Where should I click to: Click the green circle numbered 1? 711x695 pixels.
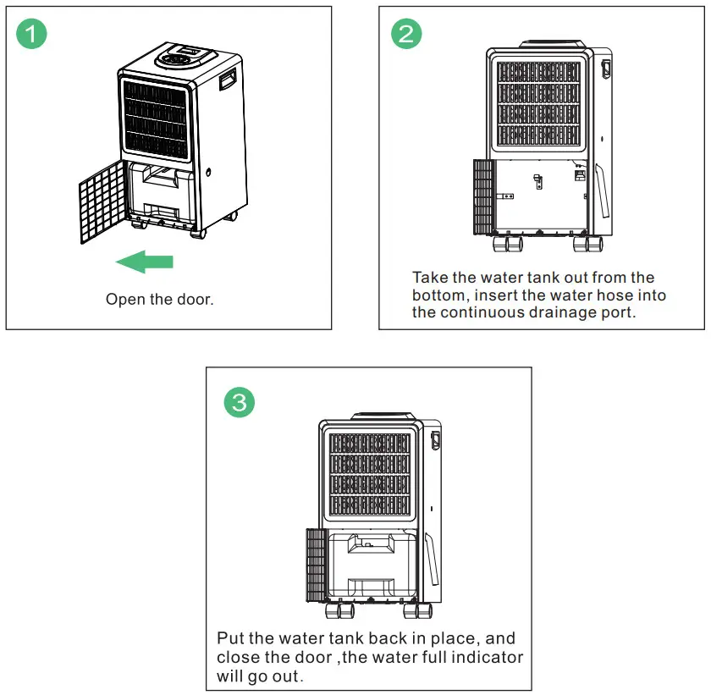pos(32,35)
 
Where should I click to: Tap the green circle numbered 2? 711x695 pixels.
pos(405,35)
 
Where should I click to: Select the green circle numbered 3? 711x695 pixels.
pos(239,402)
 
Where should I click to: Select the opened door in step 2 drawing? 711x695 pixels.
pos(483,196)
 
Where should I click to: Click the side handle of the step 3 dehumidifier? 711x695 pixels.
pos(435,441)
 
